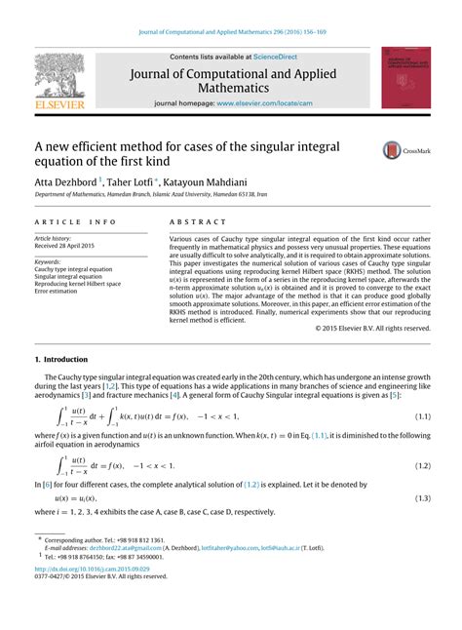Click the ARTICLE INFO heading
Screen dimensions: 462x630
click(x=75, y=222)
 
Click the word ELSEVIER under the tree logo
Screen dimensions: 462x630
click(x=60, y=102)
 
